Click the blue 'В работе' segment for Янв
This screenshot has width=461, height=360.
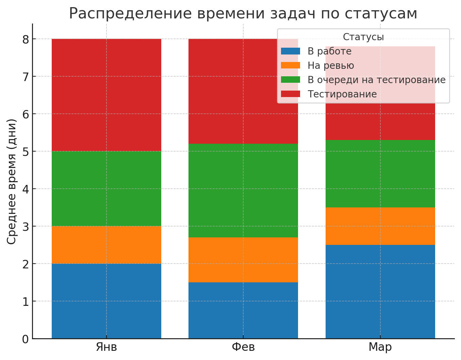tap(106, 301)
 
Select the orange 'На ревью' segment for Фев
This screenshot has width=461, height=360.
tap(243, 260)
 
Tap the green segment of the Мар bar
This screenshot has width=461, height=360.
tap(380, 174)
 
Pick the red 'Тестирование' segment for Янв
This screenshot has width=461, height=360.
tap(106, 95)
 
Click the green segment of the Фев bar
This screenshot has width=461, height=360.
tap(243, 190)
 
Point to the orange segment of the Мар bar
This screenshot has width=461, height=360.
tap(380, 226)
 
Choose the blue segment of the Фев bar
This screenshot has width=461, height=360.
tap(243, 310)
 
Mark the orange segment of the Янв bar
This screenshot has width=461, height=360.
tap(106, 245)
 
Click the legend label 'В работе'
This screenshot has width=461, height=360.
tap(329, 51)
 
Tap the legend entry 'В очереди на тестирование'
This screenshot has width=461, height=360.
tap(376, 80)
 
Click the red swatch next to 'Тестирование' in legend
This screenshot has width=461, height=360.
tap(291, 94)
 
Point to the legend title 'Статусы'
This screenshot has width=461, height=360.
tap(363, 37)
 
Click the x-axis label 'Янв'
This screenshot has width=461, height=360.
tap(106, 347)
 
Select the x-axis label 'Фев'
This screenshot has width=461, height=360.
tap(243, 347)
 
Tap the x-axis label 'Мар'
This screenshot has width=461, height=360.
tap(380, 347)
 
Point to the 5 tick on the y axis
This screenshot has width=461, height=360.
tap(26, 151)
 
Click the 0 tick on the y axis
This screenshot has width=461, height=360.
tap(26, 339)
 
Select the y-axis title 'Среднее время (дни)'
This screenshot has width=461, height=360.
tap(12, 181)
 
